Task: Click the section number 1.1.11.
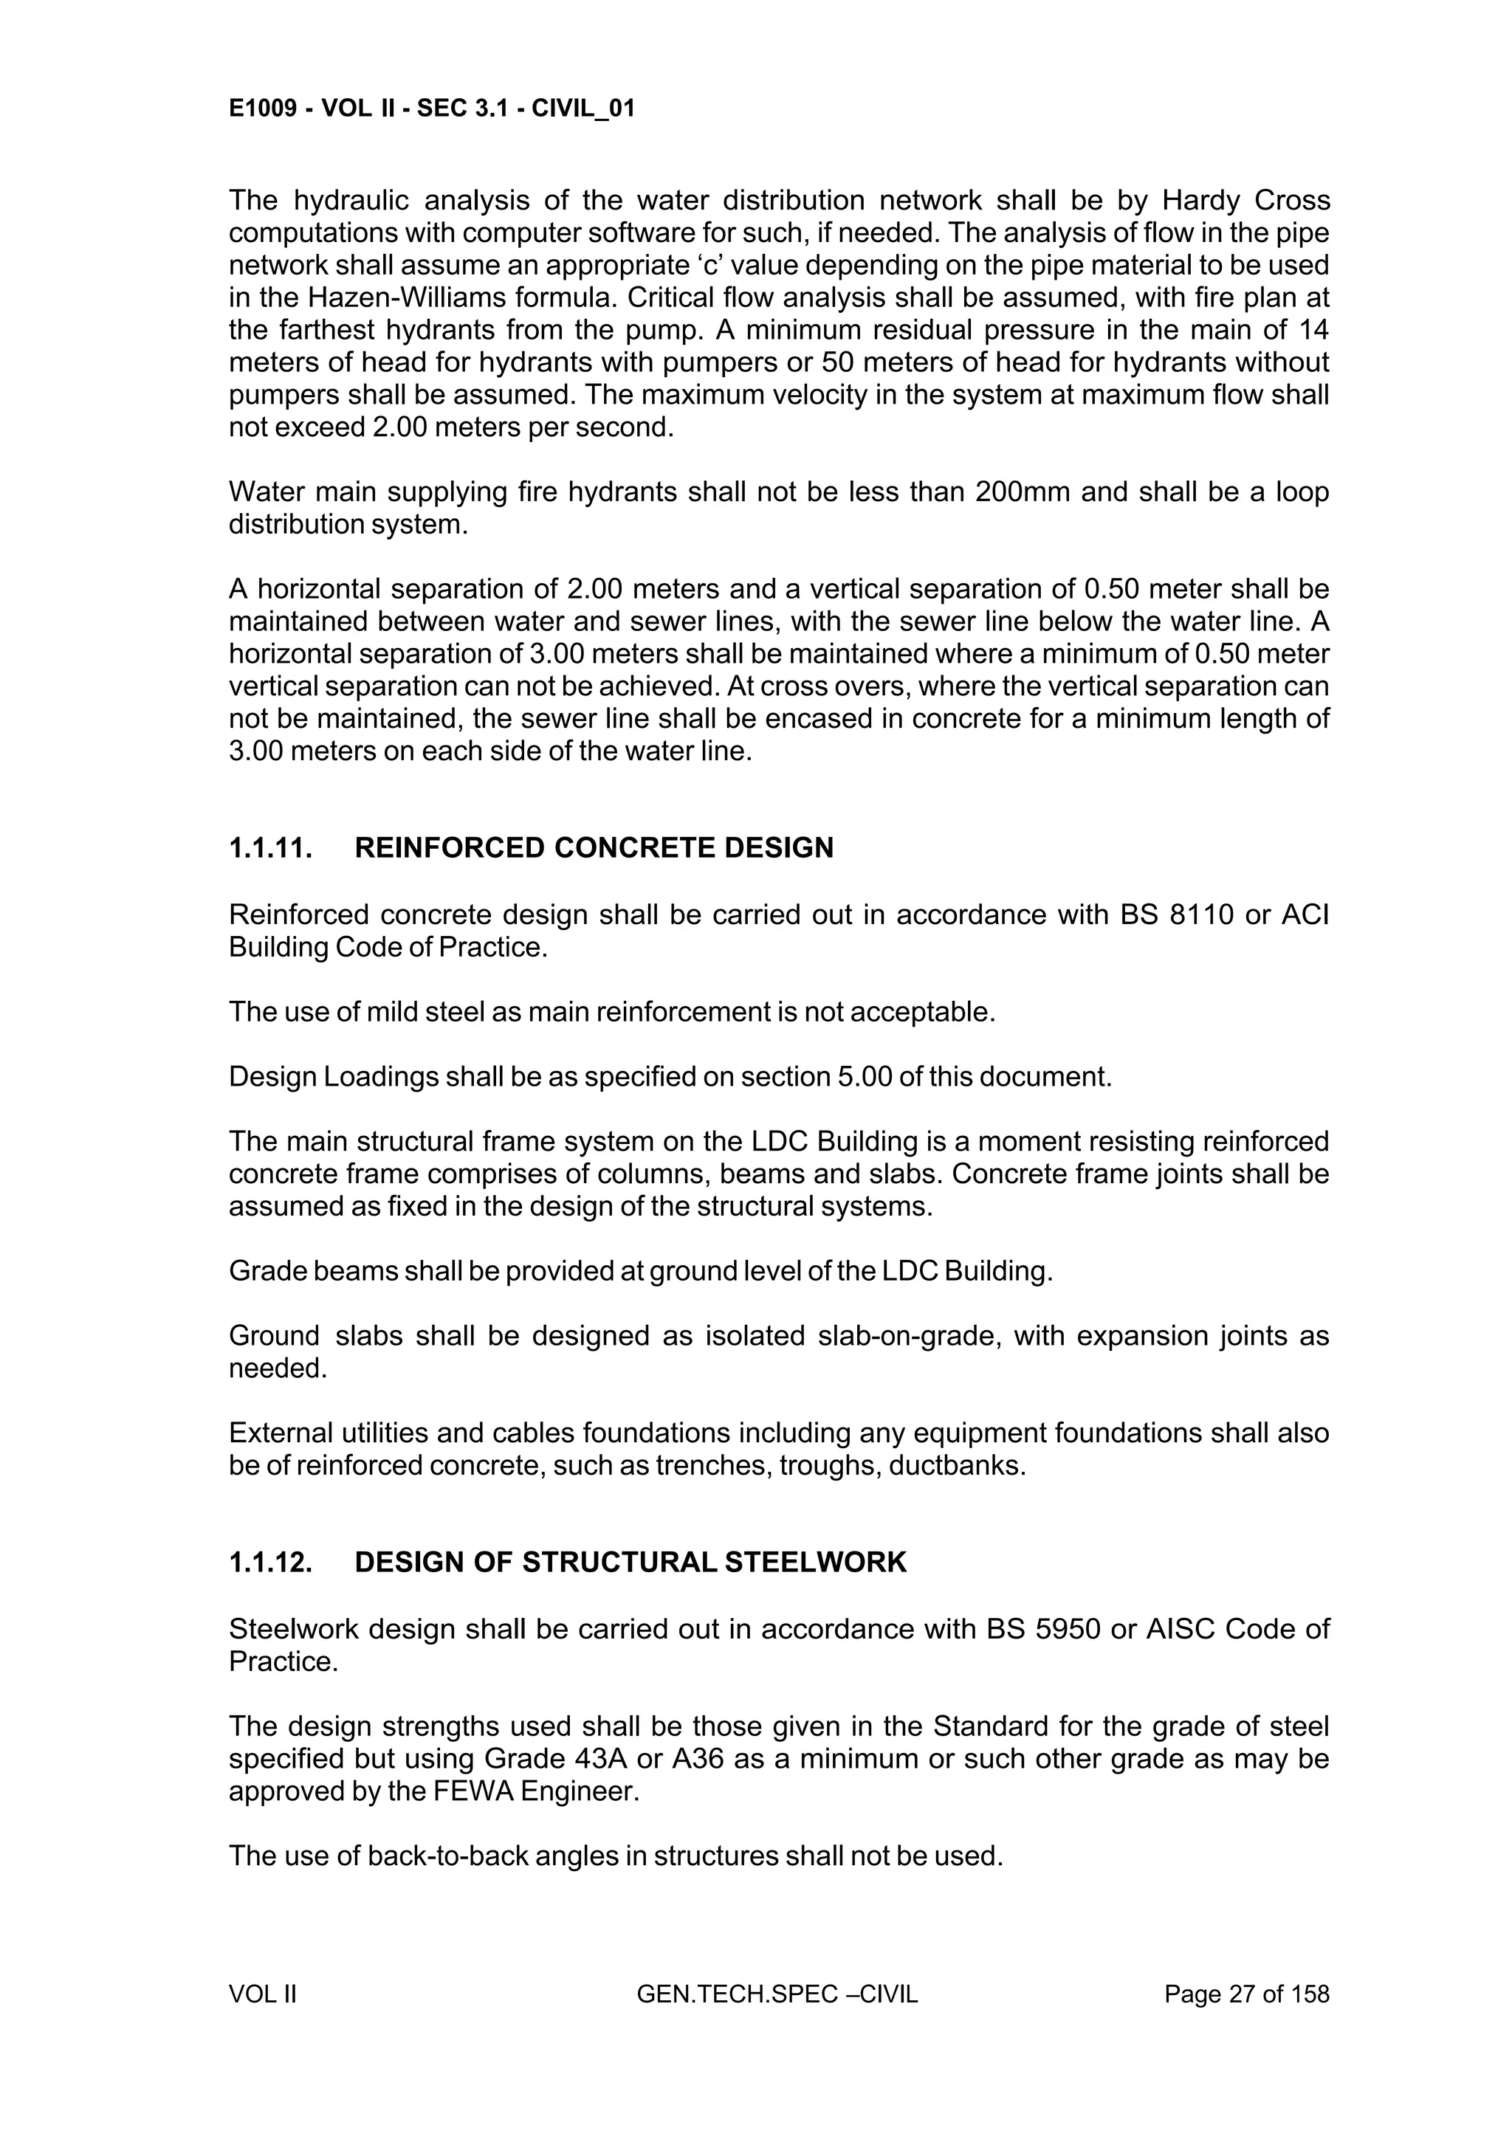click(270, 848)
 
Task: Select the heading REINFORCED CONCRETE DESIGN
click(594, 848)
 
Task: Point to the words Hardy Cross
click(1245, 200)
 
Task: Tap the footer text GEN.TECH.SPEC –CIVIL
click(777, 1994)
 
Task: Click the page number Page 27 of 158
click(1246, 1994)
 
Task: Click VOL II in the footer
click(263, 1994)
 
